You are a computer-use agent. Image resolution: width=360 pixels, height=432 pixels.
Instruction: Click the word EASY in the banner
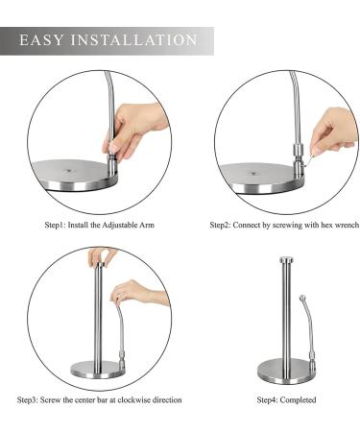pos(41,40)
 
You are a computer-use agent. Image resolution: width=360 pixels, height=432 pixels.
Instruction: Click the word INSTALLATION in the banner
pos(133,40)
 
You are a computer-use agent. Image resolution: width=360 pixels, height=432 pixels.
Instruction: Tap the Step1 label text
pos(56,225)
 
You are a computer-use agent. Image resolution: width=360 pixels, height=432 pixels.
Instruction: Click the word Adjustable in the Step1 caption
pos(119,225)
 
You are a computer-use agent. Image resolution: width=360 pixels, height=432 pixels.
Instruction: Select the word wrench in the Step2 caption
pos(347,225)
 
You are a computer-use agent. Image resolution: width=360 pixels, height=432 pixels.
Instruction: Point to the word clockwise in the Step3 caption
pos(133,399)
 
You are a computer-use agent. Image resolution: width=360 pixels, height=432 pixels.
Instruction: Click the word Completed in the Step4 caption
pos(298,399)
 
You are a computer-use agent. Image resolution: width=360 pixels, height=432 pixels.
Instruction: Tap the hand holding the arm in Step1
pos(134,128)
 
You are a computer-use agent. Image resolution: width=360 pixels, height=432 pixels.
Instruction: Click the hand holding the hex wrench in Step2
pos(333,132)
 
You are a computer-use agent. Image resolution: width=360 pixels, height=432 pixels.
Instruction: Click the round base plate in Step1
pos(74,176)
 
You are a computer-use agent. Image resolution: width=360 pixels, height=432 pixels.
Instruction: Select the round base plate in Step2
pos(261,179)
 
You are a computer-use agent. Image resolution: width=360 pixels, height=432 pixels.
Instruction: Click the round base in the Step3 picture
pos(98,369)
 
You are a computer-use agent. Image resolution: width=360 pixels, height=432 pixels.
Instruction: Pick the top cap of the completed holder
pos(286,259)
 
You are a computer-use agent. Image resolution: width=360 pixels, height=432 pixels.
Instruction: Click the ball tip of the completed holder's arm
pos(302,298)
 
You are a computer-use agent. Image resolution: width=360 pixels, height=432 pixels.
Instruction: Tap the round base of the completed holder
pos(286,372)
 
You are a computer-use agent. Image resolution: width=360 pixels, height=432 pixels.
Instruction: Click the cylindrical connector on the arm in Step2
pos(300,151)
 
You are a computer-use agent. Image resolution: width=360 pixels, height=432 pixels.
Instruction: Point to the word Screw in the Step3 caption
pos(50,399)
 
